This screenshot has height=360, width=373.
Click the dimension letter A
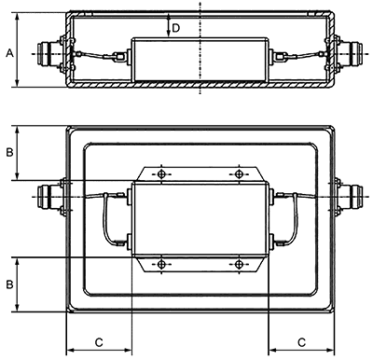coord(10,53)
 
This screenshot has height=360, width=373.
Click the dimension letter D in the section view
coord(176,28)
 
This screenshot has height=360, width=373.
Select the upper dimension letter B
coord(10,152)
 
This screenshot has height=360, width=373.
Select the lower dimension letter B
coord(10,284)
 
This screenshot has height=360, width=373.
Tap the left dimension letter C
coord(99,342)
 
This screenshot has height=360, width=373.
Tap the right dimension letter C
coord(301,342)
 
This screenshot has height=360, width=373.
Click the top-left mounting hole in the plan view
coord(161,174)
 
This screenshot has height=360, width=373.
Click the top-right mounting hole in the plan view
coord(239,174)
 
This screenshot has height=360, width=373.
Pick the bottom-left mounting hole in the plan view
coord(161,264)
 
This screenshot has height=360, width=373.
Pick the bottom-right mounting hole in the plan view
coord(239,264)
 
